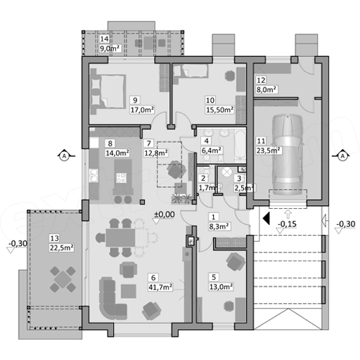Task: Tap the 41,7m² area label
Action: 160,287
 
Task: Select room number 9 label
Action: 135,101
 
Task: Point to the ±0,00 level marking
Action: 165,214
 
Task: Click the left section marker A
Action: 64,155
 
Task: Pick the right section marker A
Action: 342,155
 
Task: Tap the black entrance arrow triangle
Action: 266,219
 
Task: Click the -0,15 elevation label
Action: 287,224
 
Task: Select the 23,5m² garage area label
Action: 269,150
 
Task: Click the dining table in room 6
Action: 120,238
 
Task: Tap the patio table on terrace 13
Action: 63,278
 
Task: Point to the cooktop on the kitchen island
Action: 122,177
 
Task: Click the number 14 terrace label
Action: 104,39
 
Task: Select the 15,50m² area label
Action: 219,110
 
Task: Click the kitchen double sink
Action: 94,175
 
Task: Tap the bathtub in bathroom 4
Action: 240,146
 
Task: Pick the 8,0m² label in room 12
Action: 266,89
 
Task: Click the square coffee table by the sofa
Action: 129,291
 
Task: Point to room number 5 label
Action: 214,277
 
